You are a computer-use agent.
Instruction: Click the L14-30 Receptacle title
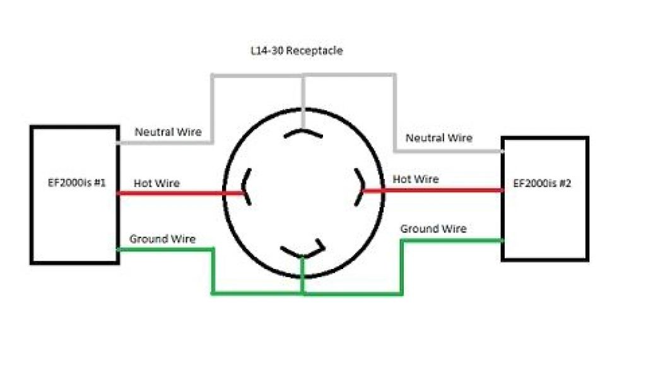click(296, 50)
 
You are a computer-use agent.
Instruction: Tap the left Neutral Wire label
click(168, 132)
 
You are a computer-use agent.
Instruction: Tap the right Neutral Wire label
click(438, 138)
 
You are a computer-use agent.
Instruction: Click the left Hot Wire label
click(156, 183)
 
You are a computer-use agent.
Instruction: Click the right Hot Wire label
click(415, 180)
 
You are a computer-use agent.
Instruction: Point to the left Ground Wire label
click(162, 239)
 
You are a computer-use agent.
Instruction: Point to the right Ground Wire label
click(433, 229)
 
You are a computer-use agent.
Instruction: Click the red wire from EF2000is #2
click(435, 190)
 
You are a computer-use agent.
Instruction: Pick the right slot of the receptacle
click(359, 186)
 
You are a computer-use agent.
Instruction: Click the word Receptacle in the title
click(314, 50)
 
